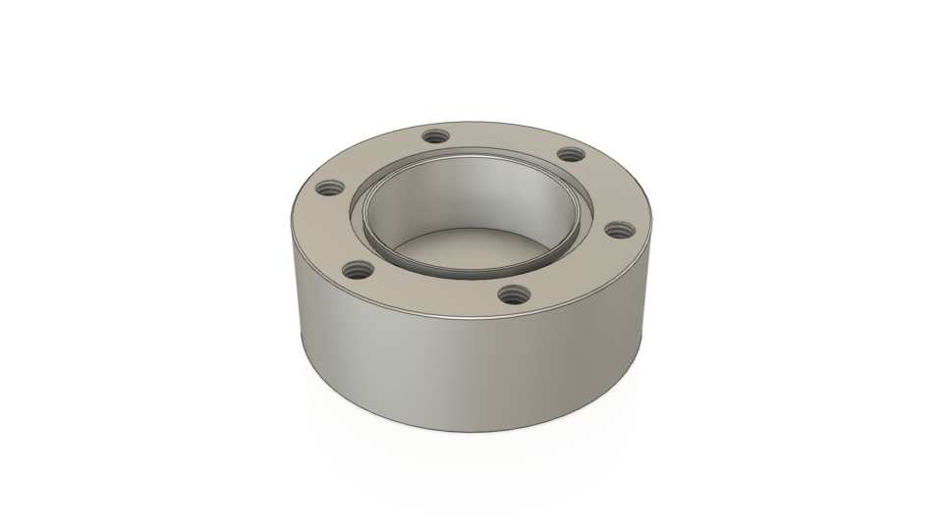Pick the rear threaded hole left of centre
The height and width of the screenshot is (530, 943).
point(435,139)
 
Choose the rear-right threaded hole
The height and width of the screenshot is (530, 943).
point(569,154)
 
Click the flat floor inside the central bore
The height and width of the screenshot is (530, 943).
point(471,250)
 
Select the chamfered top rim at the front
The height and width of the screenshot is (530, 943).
point(471,318)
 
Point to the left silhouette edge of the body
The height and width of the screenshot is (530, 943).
point(294,294)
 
